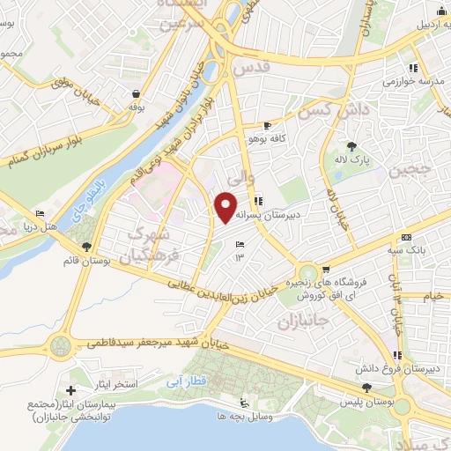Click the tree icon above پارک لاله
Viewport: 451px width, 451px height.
point(352,146)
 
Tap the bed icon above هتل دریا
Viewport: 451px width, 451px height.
point(39,214)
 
